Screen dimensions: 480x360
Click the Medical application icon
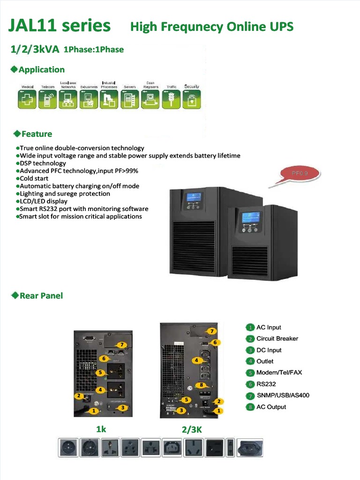pos(27,99)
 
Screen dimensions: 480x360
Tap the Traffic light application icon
pos(171,99)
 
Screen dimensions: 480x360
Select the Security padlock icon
pos(192,99)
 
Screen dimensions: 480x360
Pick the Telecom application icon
pos(47,99)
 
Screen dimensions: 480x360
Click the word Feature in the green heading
pos(37,134)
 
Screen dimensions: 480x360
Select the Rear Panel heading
pos(41,296)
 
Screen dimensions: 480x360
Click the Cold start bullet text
pos(36,179)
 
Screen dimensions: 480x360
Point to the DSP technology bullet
pos(43,163)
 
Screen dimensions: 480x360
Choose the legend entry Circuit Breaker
pos(277,338)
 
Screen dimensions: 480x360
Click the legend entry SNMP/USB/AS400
pos(283,395)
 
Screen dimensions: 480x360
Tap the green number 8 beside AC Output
pos(251,407)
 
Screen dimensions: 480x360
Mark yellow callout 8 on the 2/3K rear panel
pos(201,385)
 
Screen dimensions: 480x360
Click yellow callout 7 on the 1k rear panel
pos(121,345)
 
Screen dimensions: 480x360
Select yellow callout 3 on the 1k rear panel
pos(122,408)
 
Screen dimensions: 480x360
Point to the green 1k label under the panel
pos(101,429)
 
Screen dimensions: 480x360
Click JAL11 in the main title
pos(36,26)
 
